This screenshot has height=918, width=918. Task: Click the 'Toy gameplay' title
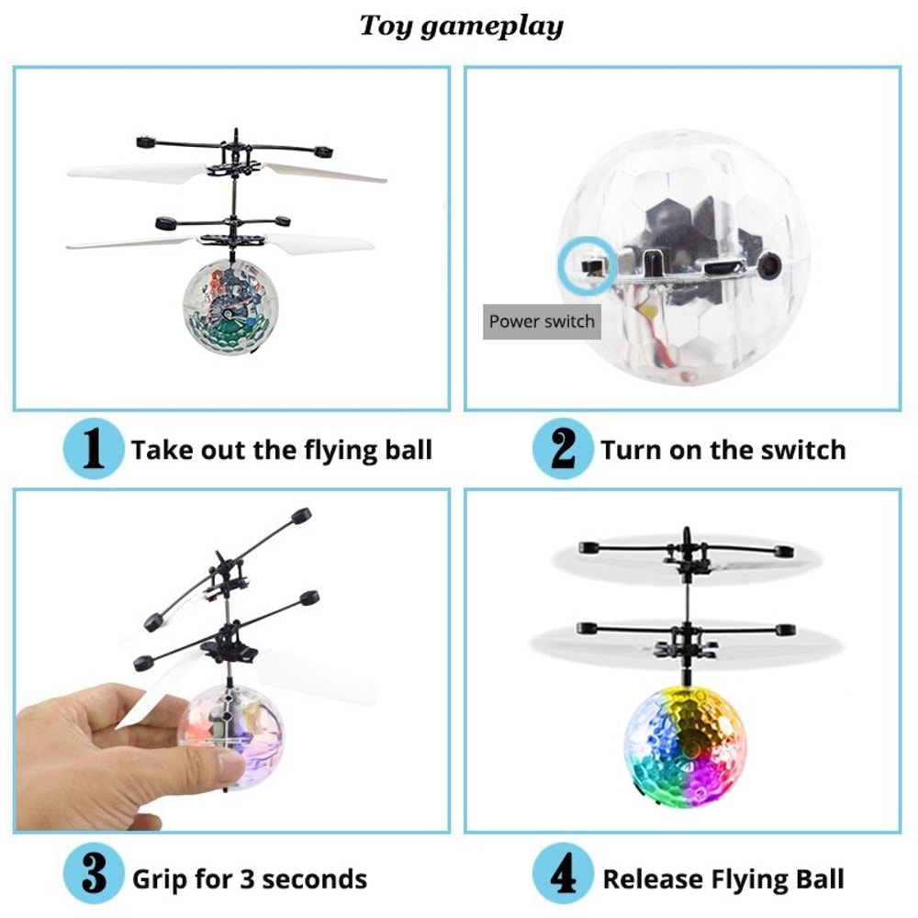[x=461, y=25]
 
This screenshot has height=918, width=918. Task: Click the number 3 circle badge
[x=94, y=877]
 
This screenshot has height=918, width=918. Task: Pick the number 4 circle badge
[x=563, y=877]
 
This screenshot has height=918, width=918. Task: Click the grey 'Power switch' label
[x=542, y=321]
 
